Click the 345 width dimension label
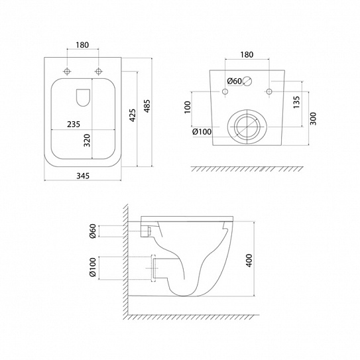point(83,176)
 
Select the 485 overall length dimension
point(147,106)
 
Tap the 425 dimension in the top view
point(133,115)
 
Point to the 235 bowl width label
point(74,124)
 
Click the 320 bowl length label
point(87,141)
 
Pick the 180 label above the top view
point(82,45)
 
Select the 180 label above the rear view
point(247,54)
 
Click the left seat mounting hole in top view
point(67,72)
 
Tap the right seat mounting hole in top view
point(99,72)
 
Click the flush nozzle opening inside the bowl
point(83,97)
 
